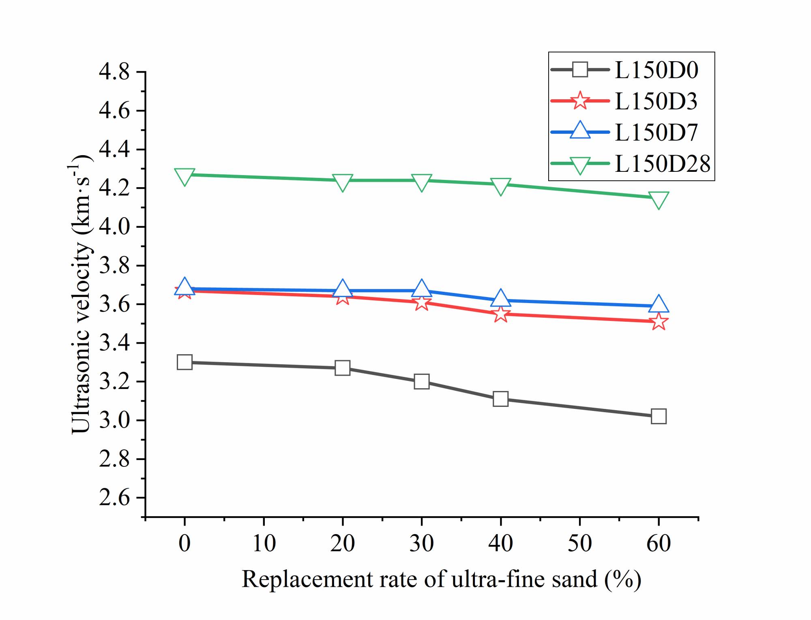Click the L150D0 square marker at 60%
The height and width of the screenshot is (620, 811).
[x=658, y=416]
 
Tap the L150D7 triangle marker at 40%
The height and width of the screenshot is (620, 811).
[x=500, y=299]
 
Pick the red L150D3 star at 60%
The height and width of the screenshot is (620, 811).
[x=659, y=322]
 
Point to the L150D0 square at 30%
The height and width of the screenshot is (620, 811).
[x=422, y=381]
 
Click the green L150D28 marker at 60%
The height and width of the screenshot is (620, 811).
[x=658, y=199]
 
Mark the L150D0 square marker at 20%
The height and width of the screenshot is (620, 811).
[x=343, y=368]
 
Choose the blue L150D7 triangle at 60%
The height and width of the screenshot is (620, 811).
[x=658, y=304]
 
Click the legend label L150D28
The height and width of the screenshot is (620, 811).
[x=662, y=164]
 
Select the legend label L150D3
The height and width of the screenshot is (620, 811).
[x=656, y=101]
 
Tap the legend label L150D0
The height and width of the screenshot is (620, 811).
[x=656, y=70]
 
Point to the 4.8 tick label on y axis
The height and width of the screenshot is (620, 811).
[x=114, y=72]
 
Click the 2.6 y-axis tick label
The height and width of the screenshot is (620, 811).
[x=114, y=498]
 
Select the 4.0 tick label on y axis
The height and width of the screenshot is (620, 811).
[x=114, y=227]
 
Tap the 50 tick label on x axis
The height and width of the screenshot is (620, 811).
[x=579, y=543]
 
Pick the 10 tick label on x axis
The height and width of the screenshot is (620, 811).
[x=264, y=543]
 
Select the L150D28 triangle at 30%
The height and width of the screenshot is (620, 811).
[x=422, y=182]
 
